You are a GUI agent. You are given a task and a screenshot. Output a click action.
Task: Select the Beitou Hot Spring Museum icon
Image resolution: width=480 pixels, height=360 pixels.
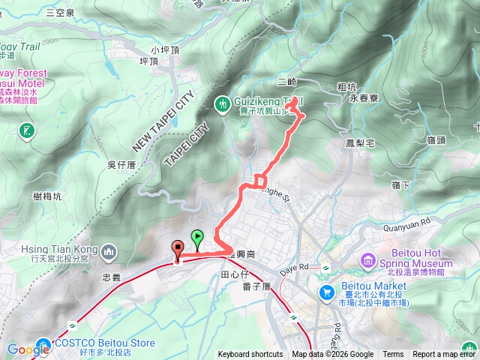tap(368, 260)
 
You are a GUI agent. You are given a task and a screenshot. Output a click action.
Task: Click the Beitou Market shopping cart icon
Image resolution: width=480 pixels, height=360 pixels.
tap(327, 292)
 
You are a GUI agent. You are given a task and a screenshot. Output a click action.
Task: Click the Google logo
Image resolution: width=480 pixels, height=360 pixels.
tap(28, 349)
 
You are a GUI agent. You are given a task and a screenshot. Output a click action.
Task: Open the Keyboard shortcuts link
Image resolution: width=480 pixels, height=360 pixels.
tap(250, 355)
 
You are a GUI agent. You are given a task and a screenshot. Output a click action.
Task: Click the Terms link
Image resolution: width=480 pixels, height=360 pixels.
tap(393, 355)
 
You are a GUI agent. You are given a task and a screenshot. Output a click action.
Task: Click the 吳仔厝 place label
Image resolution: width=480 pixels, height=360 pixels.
tap(121, 164)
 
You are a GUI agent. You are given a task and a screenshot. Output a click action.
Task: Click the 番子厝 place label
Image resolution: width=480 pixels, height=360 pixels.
tap(256, 287)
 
